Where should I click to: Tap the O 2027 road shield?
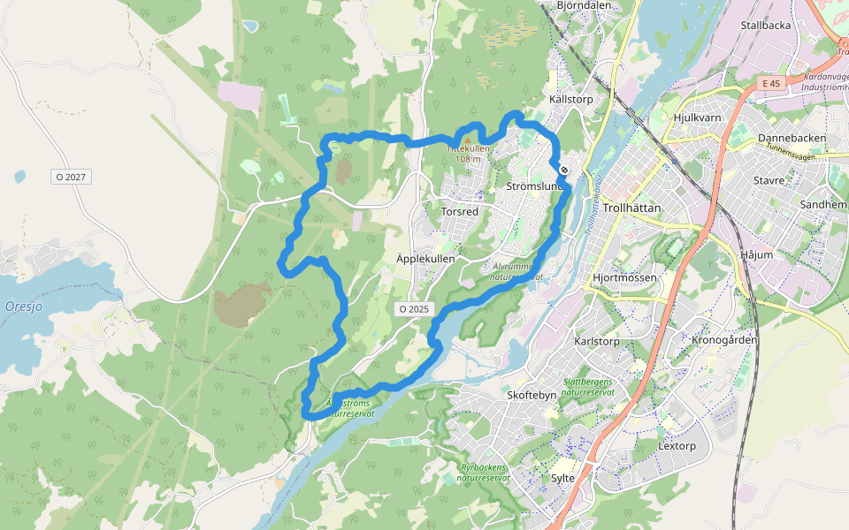(x=71, y=177)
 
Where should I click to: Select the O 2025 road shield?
(x=413, y=309)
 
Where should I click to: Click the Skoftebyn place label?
(x=532, y=395)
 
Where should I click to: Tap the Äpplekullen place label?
(x=425, y=259)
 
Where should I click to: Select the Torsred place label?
(x=460, y=212)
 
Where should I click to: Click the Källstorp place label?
(x=571, y=100)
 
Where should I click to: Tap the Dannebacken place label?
(x=792, y=139)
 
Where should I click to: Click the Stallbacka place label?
(x=766, y=26)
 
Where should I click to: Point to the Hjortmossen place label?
(x=624, y=277)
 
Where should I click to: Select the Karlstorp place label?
(x=597, y=341)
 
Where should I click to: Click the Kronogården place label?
(x=724, y=340)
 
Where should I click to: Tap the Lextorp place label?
(x=677, y=446)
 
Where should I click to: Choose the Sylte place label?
(x=562, y=478)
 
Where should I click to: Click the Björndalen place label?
(x=584, y=5)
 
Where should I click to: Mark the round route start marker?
(x=563, y=170)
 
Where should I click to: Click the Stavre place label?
(x=769, y=180)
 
